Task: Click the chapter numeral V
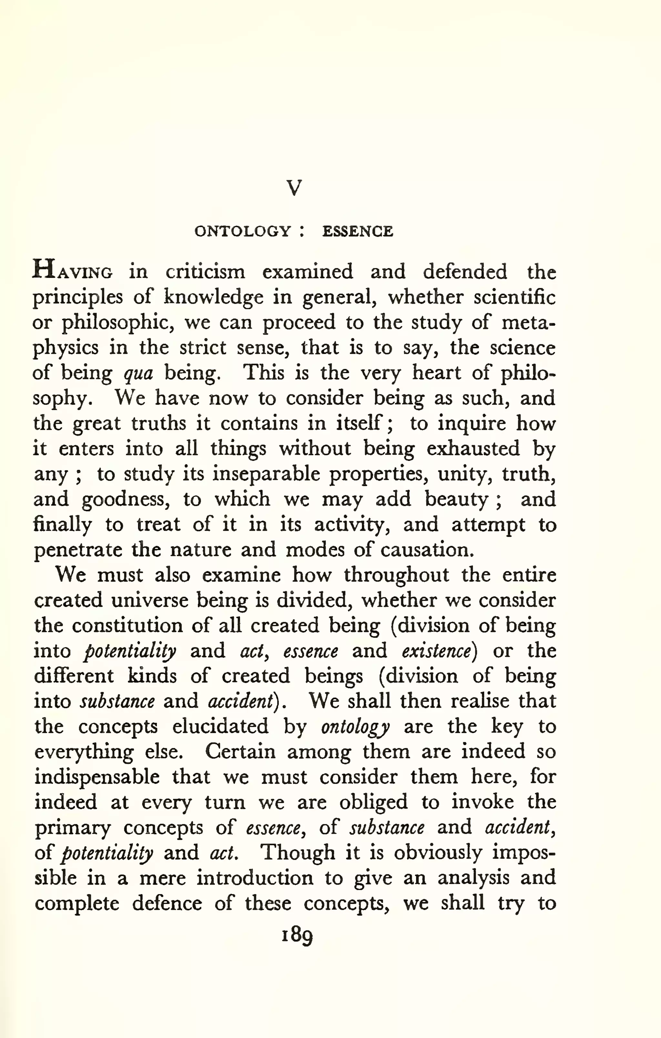(x=294, y=188)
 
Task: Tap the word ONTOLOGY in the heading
(x=243, y=231)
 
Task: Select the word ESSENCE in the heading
(x=357, y=231)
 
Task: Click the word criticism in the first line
(x=205, y=272)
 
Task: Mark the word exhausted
(x=473, y=449)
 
